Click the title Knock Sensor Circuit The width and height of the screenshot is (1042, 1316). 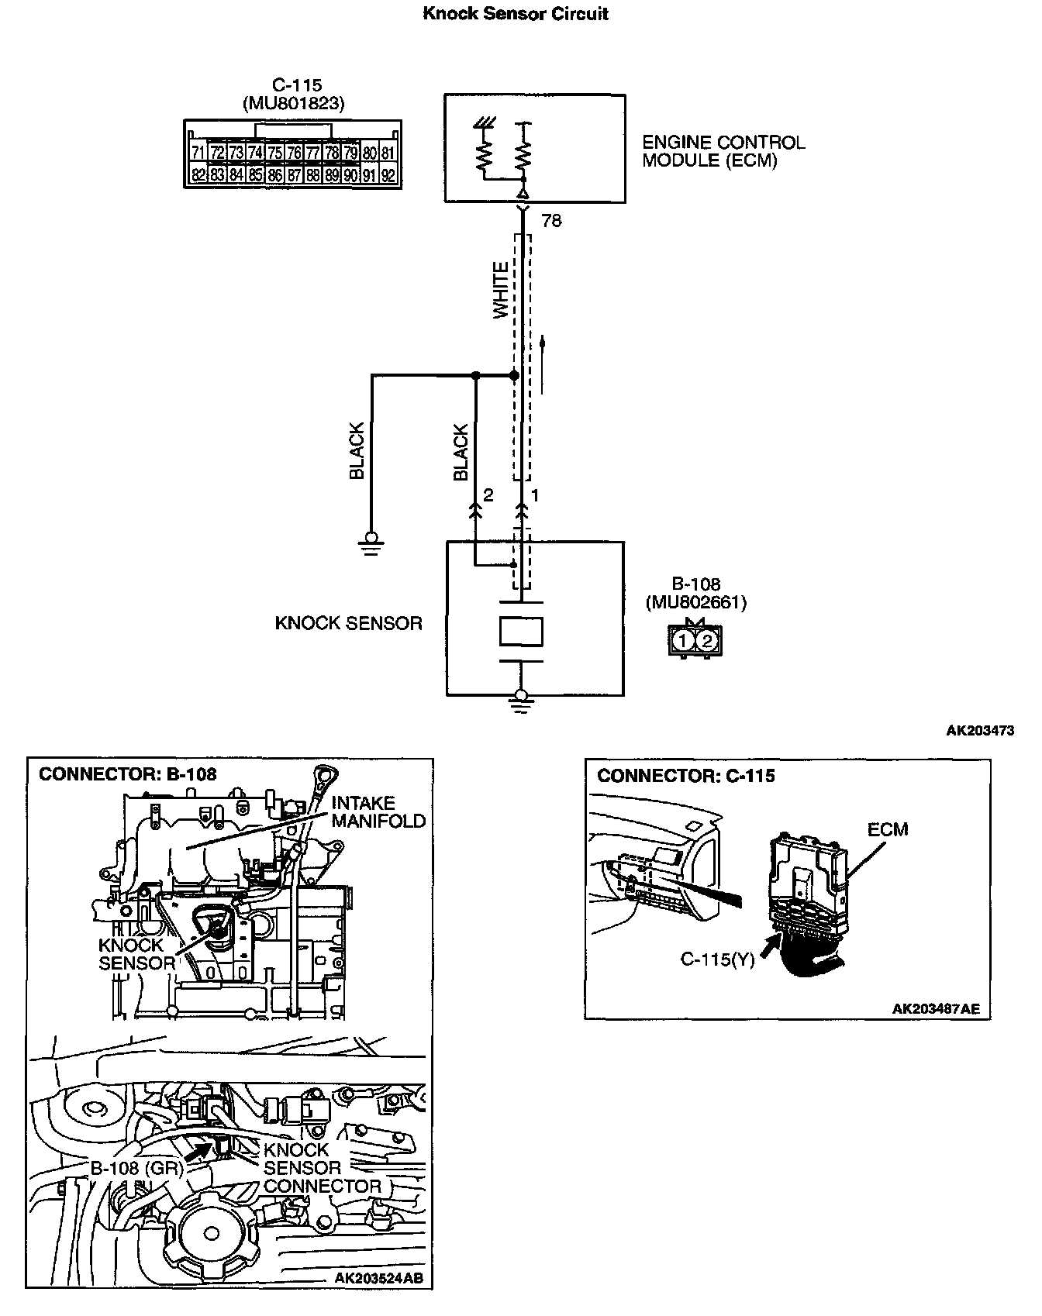pyautogui.click(x=515, y=14)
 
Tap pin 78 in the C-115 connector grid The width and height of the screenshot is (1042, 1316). pyautogui.click(x=332, y=153)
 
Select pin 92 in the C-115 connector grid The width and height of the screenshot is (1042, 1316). pyautogui.click(x=388, y=175)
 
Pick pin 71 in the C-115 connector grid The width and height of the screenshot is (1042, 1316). pyautogui.click(x=198, y=153)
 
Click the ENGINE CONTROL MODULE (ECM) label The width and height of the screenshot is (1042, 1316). pyautogui.click(x=723, y=151)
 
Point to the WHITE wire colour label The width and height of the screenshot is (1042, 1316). pyautogui.click(x=501, y=289)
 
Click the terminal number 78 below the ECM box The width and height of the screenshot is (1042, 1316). pyautogui.click(x=551, y=221)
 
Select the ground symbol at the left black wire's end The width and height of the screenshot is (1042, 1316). pyautogui.click(x=371, y=541)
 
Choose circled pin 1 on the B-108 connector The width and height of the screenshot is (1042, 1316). pyautogui.click(x=684, y=640)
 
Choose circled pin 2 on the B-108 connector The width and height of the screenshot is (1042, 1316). pyautogui.click(x=706, y=640)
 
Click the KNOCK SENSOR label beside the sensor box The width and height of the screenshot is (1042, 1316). pyautogui.click(x=348, y=623)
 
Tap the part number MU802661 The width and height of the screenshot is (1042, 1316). pyautogui.click(x=695, y=602)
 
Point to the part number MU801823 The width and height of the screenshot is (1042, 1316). pyautogui.click(x=293, y=103)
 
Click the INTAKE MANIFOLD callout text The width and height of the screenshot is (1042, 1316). pyautogui.click(x=378, y=811)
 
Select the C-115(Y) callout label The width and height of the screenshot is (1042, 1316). pyautogui.click(x=717, y=959)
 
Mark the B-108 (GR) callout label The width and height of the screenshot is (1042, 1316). pyautogui.click(x=136, y=1168)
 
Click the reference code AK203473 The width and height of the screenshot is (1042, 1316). pyautogui.click(x=979, y=730)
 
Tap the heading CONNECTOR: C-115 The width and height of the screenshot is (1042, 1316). pyautogui.click(x=685, y=776)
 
